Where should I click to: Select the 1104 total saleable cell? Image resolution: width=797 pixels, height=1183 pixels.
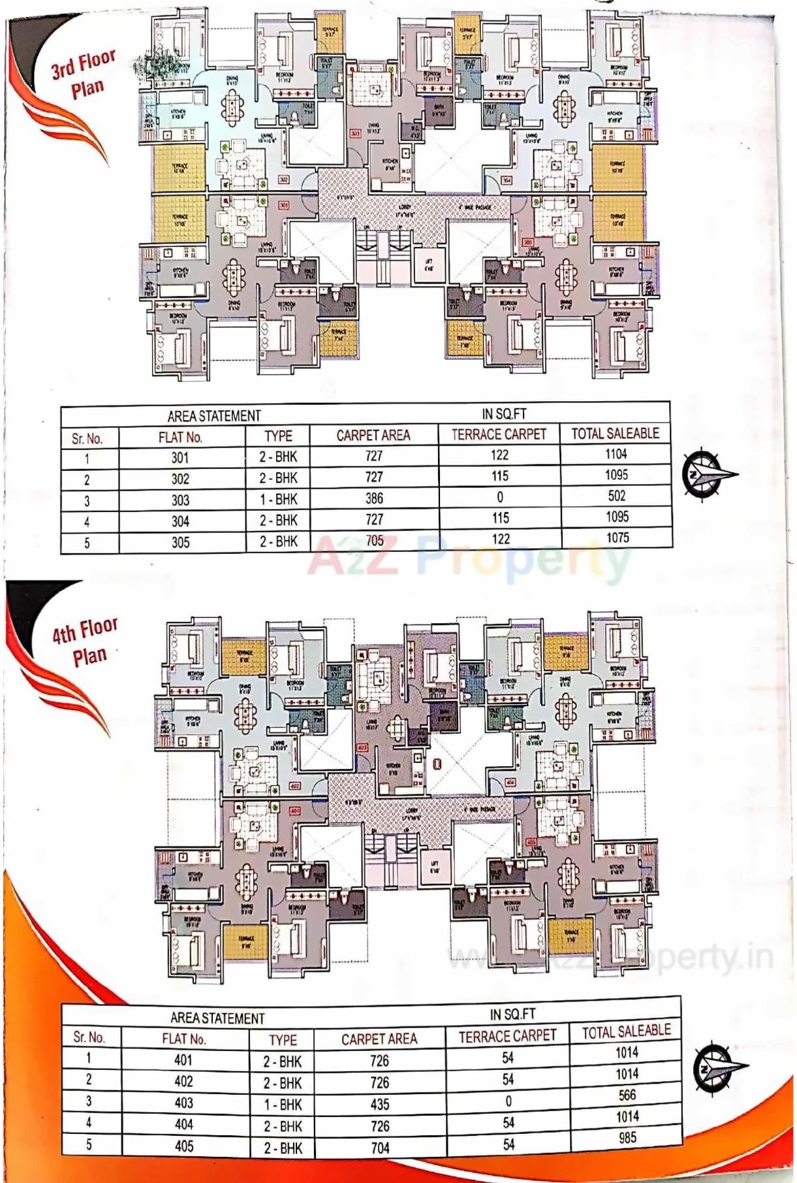[616, 454]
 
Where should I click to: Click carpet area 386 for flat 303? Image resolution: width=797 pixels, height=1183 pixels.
[374, 498]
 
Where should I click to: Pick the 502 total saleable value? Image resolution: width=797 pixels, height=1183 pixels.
[616, 496]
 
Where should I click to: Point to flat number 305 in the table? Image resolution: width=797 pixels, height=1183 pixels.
[180, 543]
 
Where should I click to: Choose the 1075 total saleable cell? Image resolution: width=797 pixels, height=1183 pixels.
[617, 538]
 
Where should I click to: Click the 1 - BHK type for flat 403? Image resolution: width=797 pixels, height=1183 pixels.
[283, 1104]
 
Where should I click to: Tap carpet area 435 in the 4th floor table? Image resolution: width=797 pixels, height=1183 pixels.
[379, 1105]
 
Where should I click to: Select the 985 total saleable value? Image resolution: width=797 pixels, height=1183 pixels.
[627, 1137]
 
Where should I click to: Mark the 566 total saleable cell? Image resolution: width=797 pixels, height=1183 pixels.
[627, 1095]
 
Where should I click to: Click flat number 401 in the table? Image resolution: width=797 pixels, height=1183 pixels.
[183, 1060]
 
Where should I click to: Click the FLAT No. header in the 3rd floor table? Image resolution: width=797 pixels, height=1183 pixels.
[180, 437]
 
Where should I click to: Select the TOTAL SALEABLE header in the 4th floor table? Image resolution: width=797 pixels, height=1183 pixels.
[626, 1030]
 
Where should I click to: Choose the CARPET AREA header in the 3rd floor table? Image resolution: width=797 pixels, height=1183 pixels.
[373, 435]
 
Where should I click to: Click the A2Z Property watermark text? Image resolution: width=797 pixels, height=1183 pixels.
[469, 559]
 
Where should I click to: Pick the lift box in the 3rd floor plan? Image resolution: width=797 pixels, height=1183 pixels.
[428, 266]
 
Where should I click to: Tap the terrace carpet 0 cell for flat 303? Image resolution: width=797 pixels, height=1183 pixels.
[499, 497]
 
